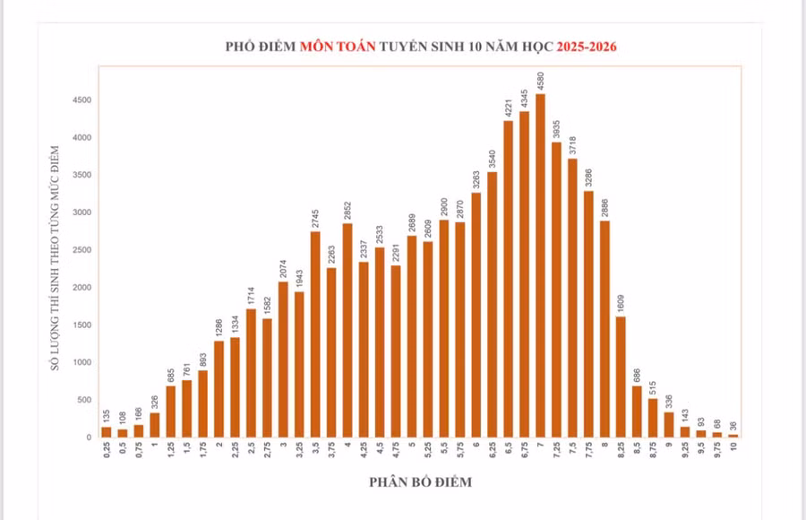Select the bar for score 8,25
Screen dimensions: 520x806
point(621,377)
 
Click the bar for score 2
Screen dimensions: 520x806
point(219,389)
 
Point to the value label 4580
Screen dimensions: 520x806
point(540,82)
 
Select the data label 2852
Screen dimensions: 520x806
point(347,212)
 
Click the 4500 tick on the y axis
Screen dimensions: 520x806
point(81,100)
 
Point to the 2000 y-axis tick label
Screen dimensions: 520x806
point(81,288)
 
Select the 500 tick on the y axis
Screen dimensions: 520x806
point(83,400)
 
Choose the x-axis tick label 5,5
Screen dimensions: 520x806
point(444,450)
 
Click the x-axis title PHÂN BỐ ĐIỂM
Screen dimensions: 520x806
point(420,482)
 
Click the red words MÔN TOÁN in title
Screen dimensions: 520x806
point(338,46)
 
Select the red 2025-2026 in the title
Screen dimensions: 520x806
point(587,46)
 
